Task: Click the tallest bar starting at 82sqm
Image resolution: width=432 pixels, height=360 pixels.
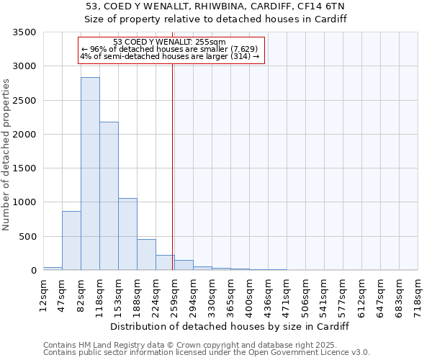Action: point(90,174)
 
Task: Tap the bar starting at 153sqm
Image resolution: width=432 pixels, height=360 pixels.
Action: point(127,234)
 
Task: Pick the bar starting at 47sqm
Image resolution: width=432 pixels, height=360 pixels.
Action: point(71,240)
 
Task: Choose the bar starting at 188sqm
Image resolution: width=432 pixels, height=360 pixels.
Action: point(146,255)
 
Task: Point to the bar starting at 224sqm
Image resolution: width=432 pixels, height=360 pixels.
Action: point(165,263)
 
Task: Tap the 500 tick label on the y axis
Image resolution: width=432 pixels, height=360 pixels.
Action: point(27,237)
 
